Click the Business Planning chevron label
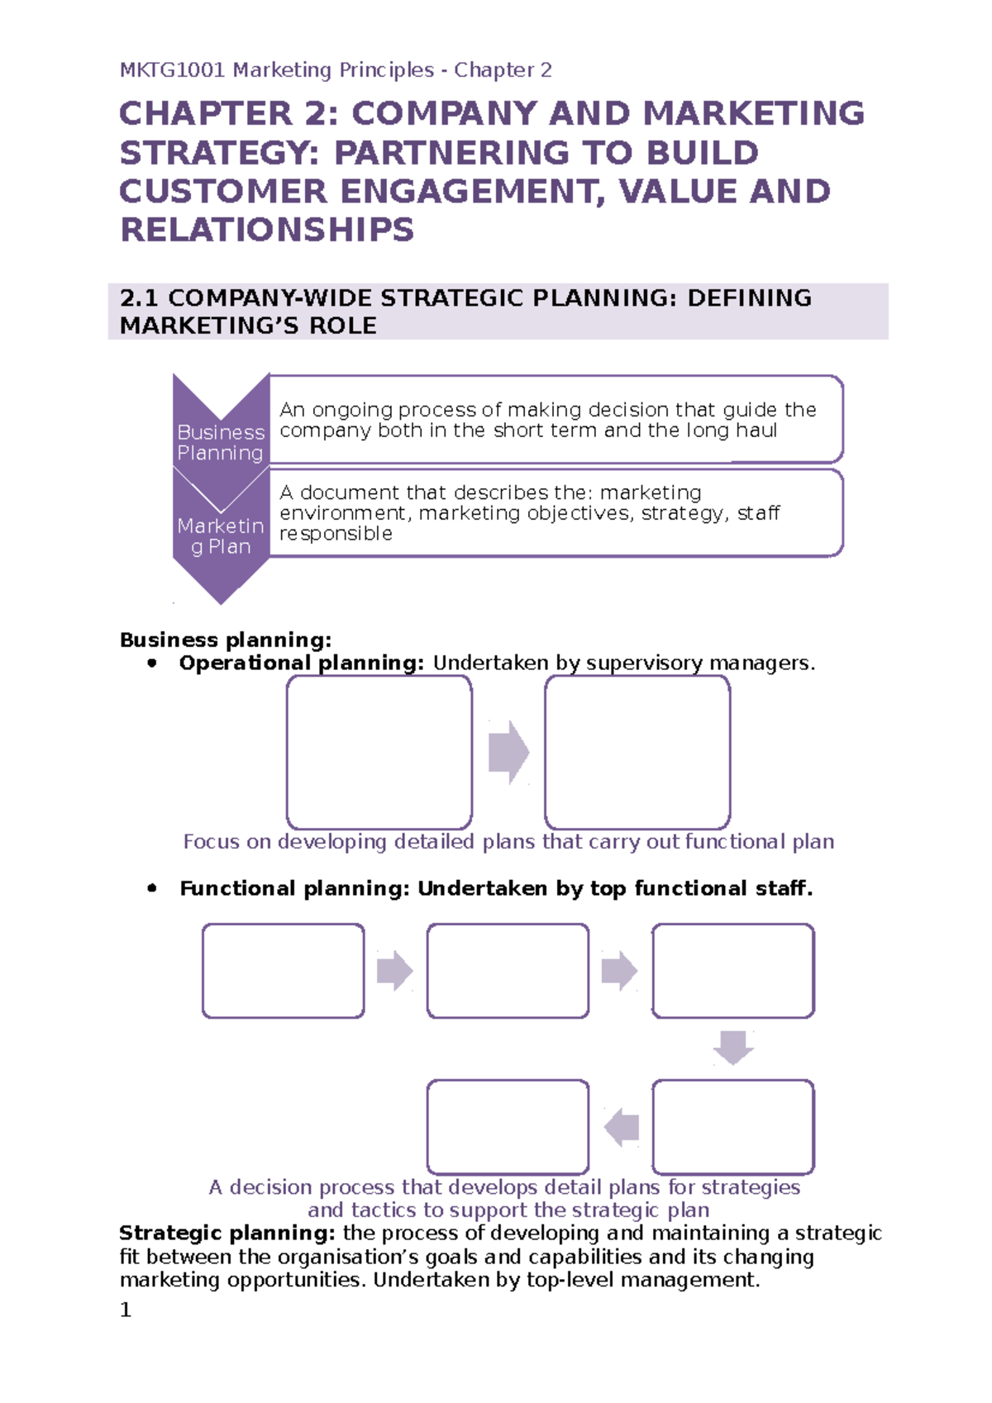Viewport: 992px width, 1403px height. point(220,442)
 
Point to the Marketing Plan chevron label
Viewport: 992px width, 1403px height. point(220,536)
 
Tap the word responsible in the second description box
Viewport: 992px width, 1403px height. point(336,534)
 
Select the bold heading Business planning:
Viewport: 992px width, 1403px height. point(226,640)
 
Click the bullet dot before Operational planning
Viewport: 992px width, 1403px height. point(151,663)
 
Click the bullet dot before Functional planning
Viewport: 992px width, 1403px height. point(151,888)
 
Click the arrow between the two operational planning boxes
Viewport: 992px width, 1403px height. point(508,752)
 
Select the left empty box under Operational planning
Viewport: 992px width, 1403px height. point(379,752)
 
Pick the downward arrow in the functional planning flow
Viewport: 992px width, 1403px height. point(733,1047)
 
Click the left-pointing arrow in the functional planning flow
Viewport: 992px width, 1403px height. point(622,1127)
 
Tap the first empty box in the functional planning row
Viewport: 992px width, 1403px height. point(284,971)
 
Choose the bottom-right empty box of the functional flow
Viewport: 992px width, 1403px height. point(733,1127)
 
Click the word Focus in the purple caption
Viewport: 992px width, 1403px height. point(212,842)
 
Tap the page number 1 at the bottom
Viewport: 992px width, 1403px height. point(126,1310)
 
